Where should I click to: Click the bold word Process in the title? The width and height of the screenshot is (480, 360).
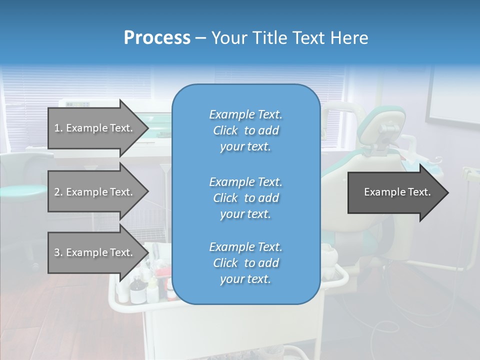pos(157,38)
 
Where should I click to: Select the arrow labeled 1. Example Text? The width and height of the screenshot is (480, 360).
pos(95,128)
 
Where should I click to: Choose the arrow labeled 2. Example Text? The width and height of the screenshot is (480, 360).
pos(95,192)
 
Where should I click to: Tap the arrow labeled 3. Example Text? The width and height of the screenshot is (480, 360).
pos(95,252)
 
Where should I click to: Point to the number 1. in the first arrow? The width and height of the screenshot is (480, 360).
pos(58,128)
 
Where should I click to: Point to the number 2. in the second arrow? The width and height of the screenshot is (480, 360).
pos(58,192)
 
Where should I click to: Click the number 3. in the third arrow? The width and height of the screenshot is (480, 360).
pos(58,252)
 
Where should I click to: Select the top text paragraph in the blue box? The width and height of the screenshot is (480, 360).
pos(245,130)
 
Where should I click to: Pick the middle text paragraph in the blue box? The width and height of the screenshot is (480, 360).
pos(245,197)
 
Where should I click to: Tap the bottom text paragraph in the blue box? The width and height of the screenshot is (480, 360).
pos(245,263)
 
